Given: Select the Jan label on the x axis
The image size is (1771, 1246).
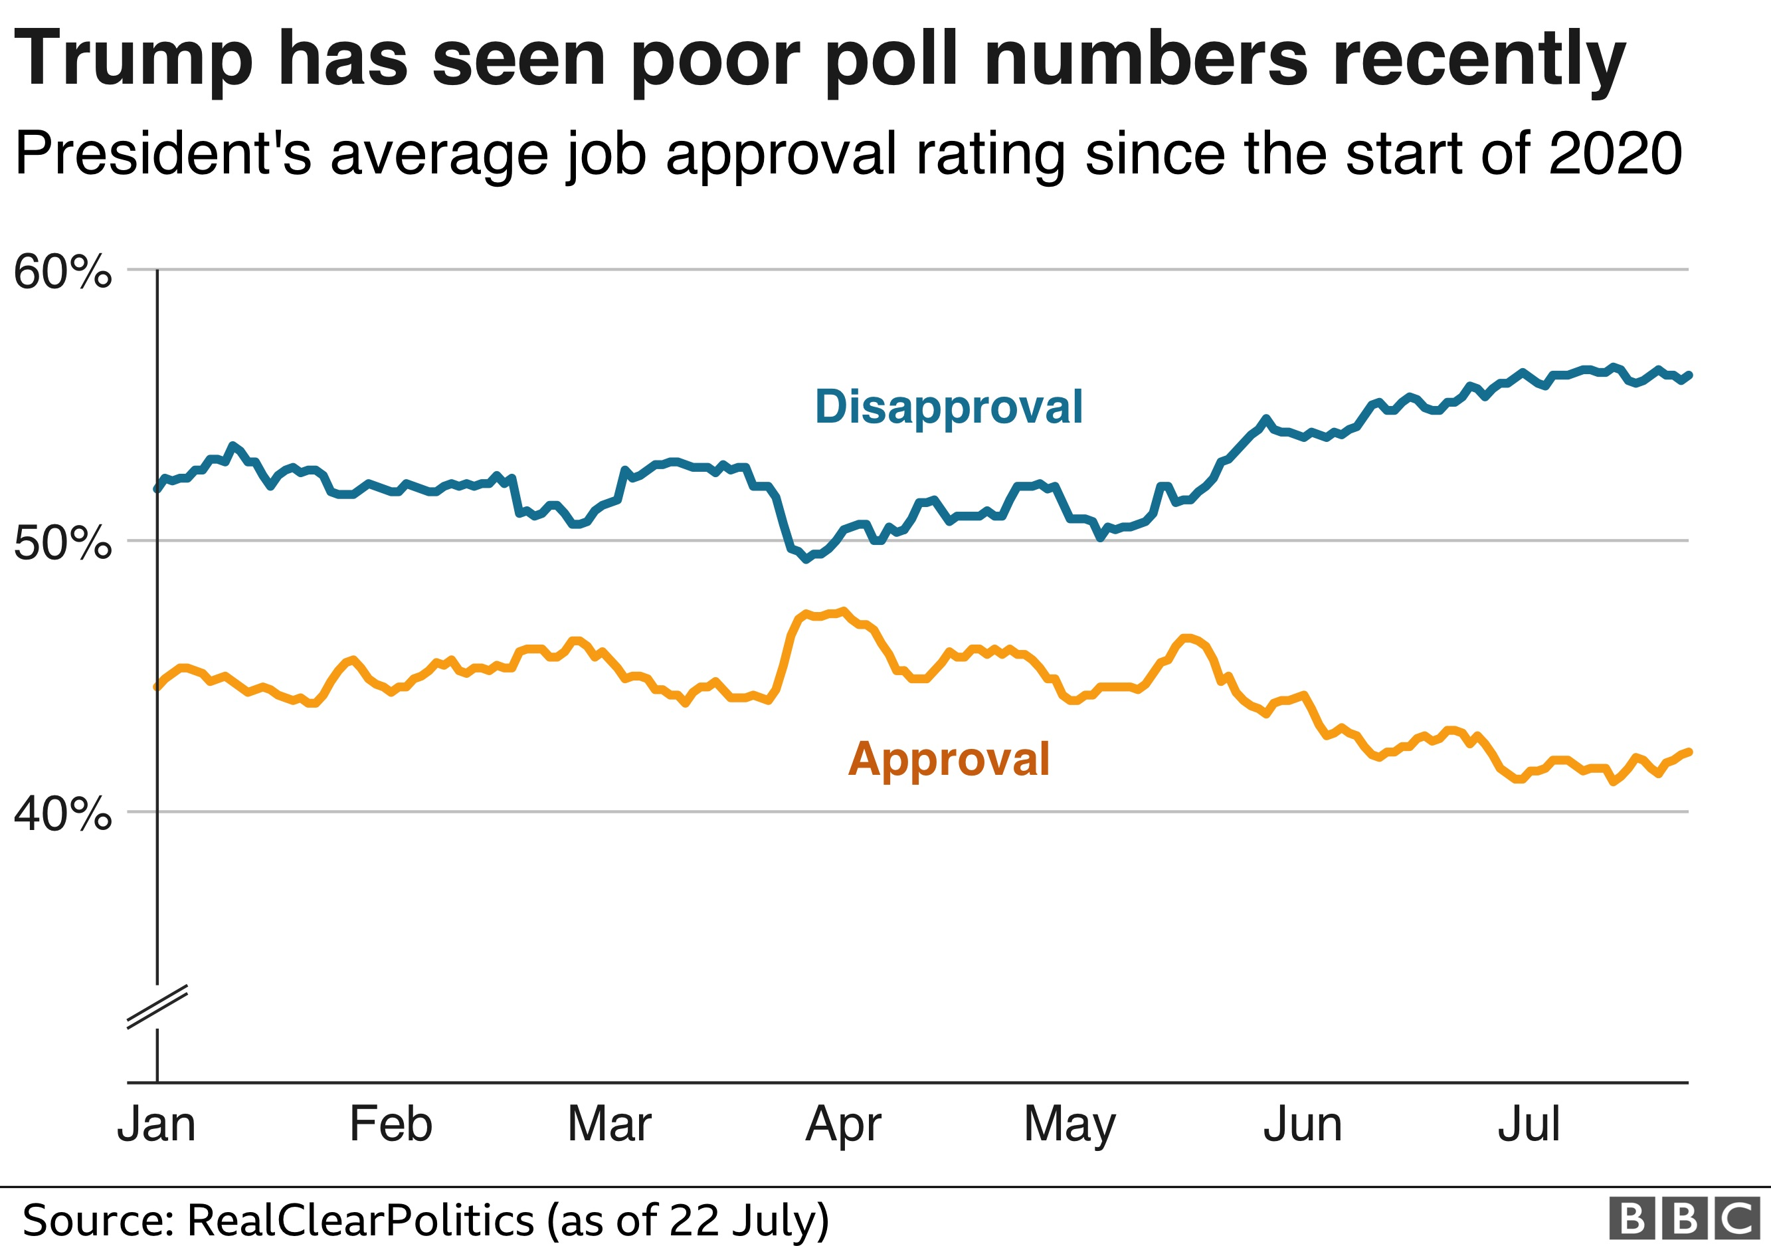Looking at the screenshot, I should click(157, 1124).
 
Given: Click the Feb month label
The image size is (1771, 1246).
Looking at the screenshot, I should click(391, 1124).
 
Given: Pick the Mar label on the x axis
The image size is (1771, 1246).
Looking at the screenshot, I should click(609, 1124).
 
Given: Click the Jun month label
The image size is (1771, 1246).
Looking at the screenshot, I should click(1303, 1124).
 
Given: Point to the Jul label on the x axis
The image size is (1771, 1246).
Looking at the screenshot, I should click(1529, 1124).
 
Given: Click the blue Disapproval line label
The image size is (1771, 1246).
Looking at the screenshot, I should click(949, 407).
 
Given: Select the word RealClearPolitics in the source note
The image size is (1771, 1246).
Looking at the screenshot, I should click(361, 1221).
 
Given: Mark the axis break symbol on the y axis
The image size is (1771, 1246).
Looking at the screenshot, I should click(157, 1007).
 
